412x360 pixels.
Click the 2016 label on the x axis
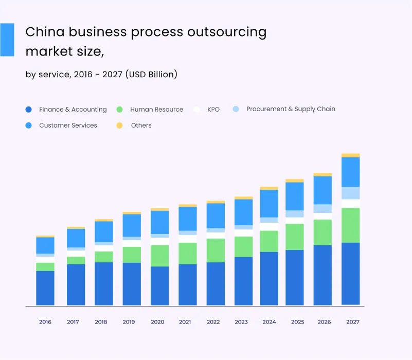click(x=45, y=322)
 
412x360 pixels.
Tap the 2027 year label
click(x=353, y=322)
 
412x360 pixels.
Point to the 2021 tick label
click(x=185, y=322)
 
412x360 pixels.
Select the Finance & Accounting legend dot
click(x=29, y=110)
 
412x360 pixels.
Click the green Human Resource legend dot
click(x=120, y=110)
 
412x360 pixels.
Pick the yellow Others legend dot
click(x=120, y=125)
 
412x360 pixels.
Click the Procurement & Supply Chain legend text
click(x=291, y=109)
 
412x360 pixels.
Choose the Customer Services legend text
click(x=68, y=125)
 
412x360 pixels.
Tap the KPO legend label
click(x=213, y=110)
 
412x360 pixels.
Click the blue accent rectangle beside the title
click(x=7, y=40)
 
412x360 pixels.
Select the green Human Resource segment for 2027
click(x=351, y=225)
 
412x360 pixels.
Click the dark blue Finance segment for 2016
click(x=45, y=288)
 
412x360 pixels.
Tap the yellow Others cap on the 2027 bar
click(x=351, y=155)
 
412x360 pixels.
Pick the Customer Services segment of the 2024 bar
click(x=269, y=203)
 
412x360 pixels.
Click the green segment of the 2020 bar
click(x=160, y=256)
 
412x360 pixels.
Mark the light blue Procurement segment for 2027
click(x=351, y=193)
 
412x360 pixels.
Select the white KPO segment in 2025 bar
click(x=295, y=221)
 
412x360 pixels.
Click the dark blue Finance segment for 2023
click(x=244, y=281)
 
